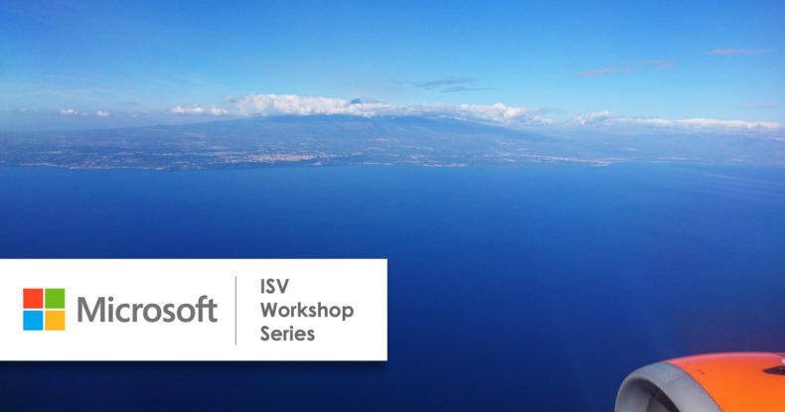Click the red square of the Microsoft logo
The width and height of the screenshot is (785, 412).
[33, 299]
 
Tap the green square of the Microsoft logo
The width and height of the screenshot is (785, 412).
[55, 299]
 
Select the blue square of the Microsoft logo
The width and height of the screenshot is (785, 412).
[33, 321]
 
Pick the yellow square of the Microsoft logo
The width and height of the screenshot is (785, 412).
[55, 321]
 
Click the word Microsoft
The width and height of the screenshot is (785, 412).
[147, 310]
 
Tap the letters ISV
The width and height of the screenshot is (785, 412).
[274, 287]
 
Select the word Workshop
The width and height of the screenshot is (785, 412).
[307, 312]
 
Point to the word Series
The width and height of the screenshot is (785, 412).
[287, 334]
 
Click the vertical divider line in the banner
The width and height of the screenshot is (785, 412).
[235, 311]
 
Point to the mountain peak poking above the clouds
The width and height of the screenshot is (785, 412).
[357, 100]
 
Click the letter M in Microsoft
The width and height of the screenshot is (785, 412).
[89, 310]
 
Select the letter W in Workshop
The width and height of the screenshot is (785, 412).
[271, 311]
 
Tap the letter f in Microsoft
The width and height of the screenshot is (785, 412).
[204, 309]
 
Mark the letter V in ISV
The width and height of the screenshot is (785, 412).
[283, 287]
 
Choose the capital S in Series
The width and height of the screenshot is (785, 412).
[265, 334]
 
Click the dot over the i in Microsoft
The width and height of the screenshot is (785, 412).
[108, 299]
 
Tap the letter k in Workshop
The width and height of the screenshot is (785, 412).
[309, 310]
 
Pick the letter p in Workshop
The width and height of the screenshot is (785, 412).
[349, 314]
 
